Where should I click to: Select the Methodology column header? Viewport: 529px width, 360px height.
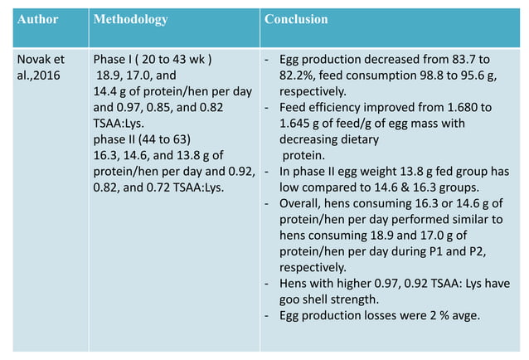pos(131,19)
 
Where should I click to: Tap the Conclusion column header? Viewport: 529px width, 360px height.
pos(296,19)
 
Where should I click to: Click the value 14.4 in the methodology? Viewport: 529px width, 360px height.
pos(106,91)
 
